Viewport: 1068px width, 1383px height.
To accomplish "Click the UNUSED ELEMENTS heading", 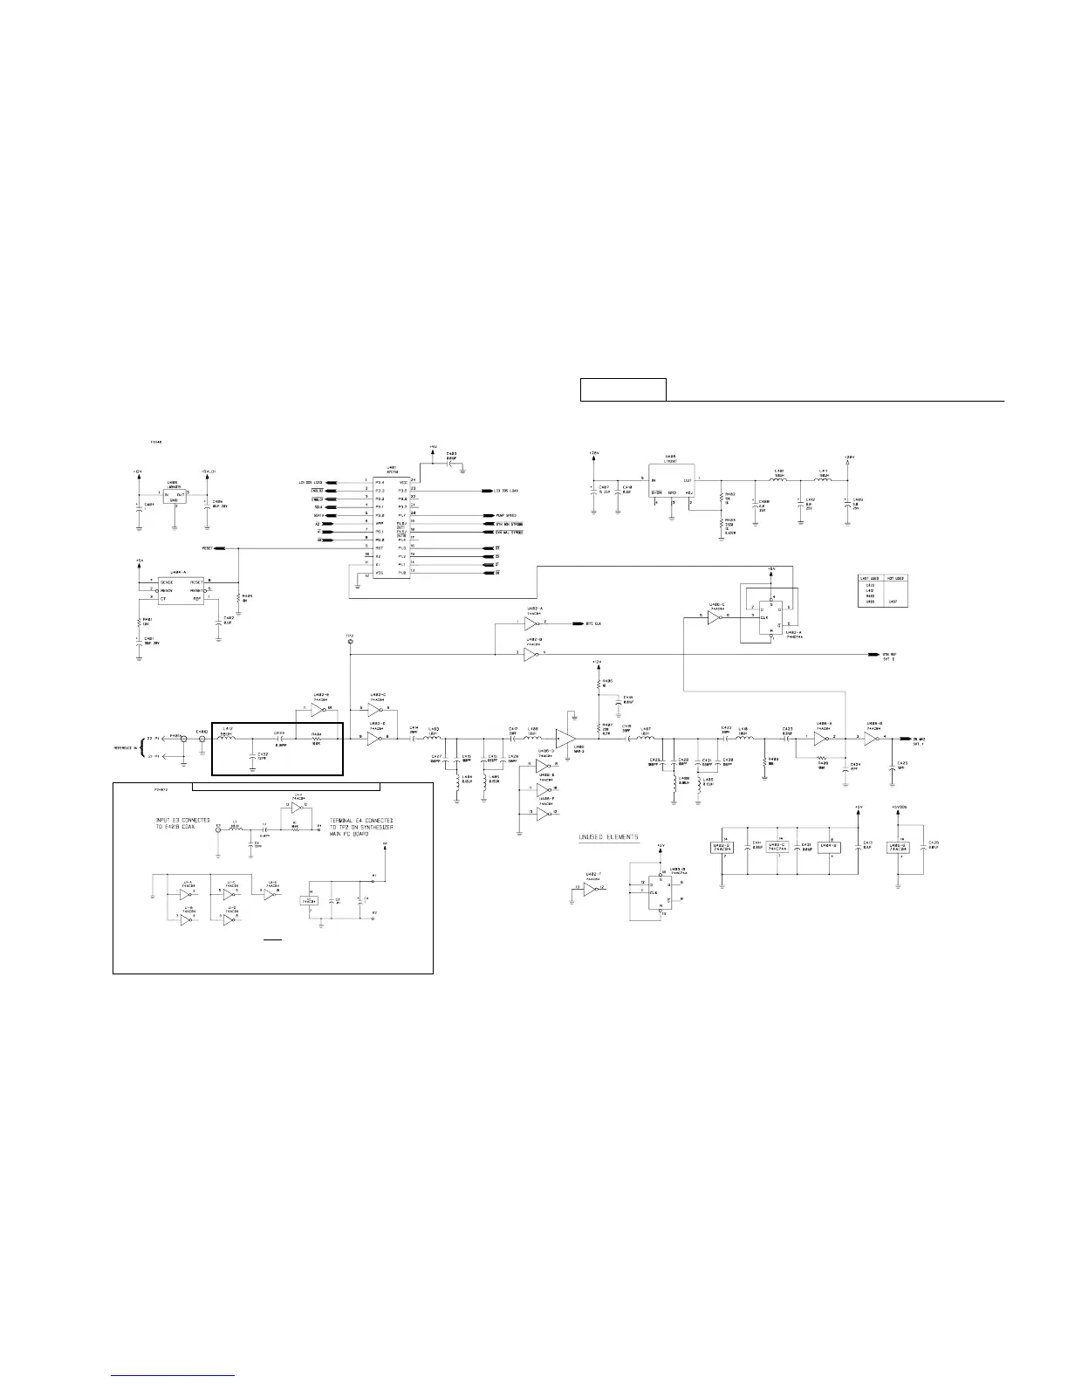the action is (x=609, y=837).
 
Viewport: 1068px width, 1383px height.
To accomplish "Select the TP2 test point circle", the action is (x=350, y=642).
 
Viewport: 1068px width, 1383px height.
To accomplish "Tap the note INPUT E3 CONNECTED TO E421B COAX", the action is (x=181, y=825).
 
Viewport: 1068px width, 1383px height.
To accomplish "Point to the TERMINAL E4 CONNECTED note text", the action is (x=362, y=825).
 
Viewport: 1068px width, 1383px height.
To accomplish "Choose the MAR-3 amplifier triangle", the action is (x=566, y=738).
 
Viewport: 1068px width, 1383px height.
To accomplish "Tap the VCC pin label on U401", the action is (x=402, y=481).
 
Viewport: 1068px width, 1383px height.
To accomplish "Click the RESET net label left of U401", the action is (x=207, y=548).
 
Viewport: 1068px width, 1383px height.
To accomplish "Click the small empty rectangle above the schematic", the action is (x=623, y=389).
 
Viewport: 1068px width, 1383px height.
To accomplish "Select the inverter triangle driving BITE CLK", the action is (x=531, y=624).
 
